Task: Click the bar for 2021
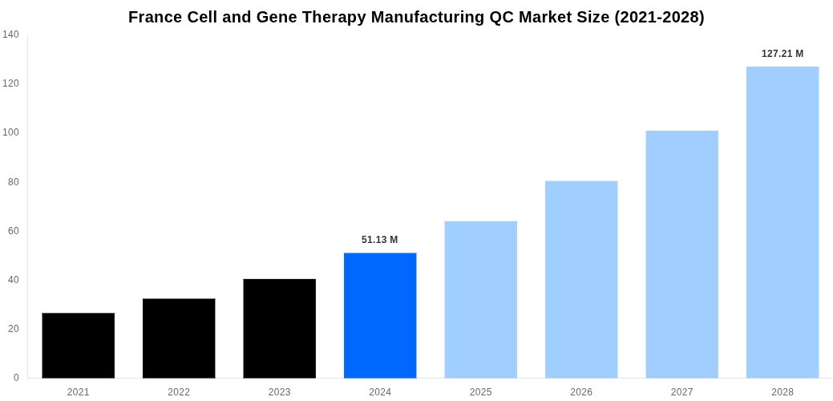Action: [x=78, y=345]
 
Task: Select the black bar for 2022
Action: [x=179, y=338]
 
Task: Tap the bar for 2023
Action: [x=279, y=328]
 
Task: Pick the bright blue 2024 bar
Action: [x=380, y=315]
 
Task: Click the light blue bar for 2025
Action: [x=480, y=299]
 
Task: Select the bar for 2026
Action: [x=581, y=279]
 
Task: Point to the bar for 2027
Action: [x=681, y=254]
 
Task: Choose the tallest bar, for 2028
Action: [x=782, y=222]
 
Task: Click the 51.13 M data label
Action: [x=379, y=240]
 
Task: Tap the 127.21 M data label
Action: [x=782, y=54]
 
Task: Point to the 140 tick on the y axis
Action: [x=10, y=34]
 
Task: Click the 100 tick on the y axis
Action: [x=10, y=132]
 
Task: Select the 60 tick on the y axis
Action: [x=14, y=231]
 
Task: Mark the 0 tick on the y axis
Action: [x=16, y=378]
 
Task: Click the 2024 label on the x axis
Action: [x=380, y=392]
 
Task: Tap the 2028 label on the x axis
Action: [x=782, y=392]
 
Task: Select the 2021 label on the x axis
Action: [x=78, y=392]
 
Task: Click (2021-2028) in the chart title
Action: [x=659, y=17]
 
